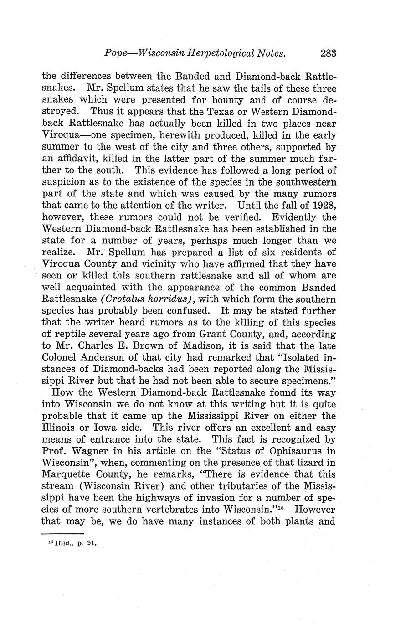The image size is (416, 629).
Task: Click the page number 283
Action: [x=328, y=53]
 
